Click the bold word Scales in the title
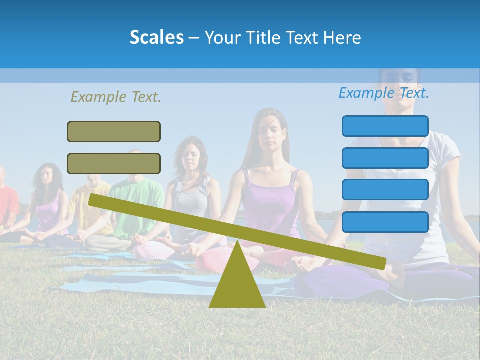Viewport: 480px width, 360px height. (156, 37)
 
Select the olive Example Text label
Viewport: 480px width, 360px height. (116, 97)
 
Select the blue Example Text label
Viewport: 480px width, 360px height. (384, 93)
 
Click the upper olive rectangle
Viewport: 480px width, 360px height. (114, 131)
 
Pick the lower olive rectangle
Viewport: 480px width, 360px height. (114, 163)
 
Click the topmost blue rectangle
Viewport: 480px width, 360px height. (385, 126)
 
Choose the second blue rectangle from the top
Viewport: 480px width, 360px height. (385, 158)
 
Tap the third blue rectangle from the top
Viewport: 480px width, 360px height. (385, 189)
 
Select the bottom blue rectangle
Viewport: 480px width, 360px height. (385, 222)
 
